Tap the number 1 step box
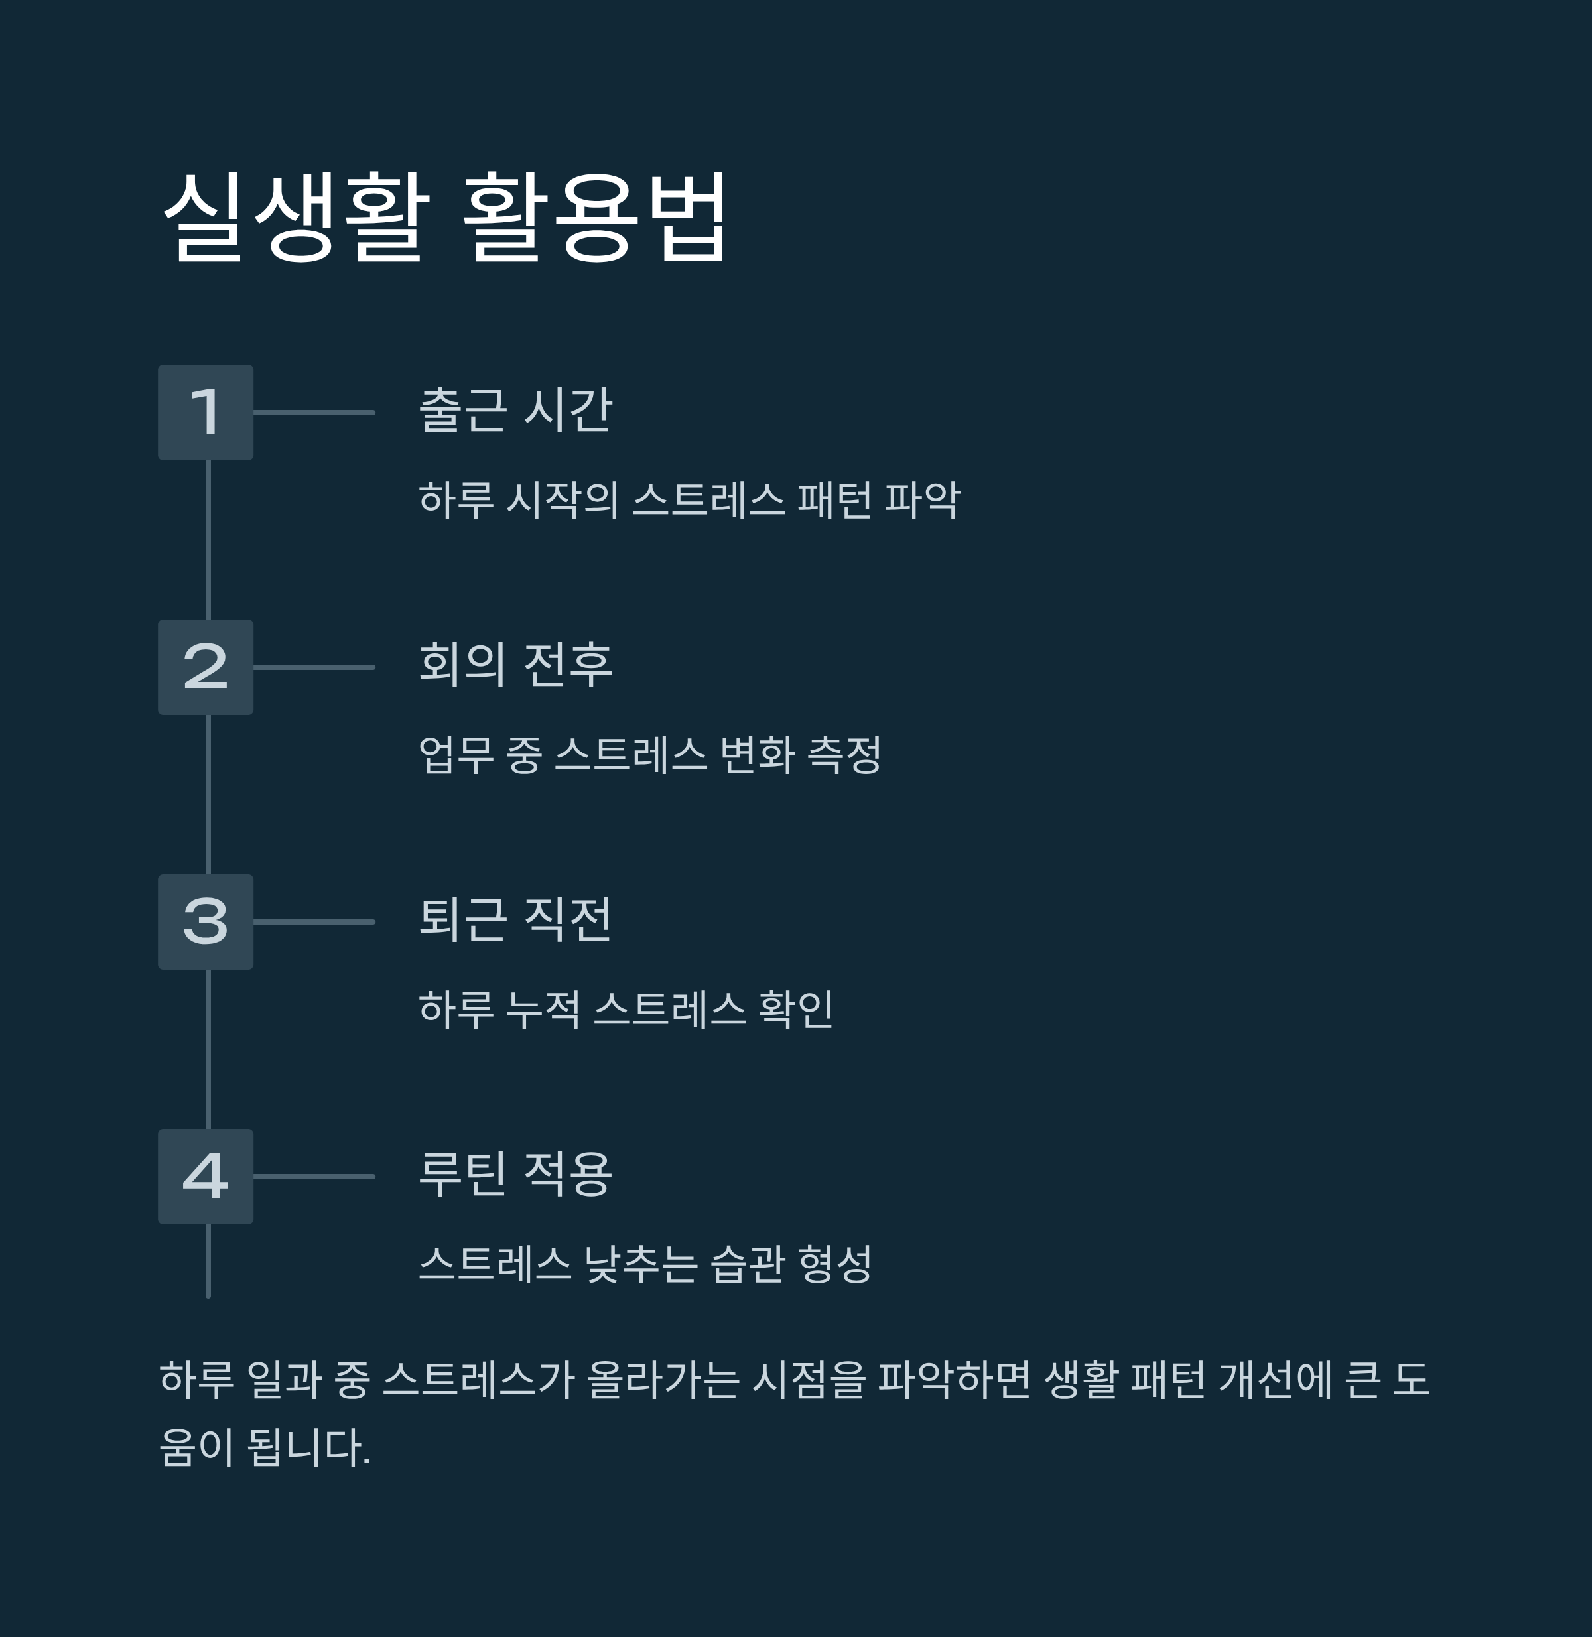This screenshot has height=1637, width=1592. point(206,412)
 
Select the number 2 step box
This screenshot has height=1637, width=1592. point(206,667)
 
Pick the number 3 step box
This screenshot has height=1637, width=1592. point(206,922)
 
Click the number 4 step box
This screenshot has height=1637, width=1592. point(206,1176)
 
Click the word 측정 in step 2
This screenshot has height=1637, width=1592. point(844,755)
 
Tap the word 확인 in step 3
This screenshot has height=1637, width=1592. point(795,1009)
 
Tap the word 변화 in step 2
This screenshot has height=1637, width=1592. point(757,755)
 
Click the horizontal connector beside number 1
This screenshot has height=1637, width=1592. point(314,412)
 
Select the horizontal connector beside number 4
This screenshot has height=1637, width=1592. point(314,1176)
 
